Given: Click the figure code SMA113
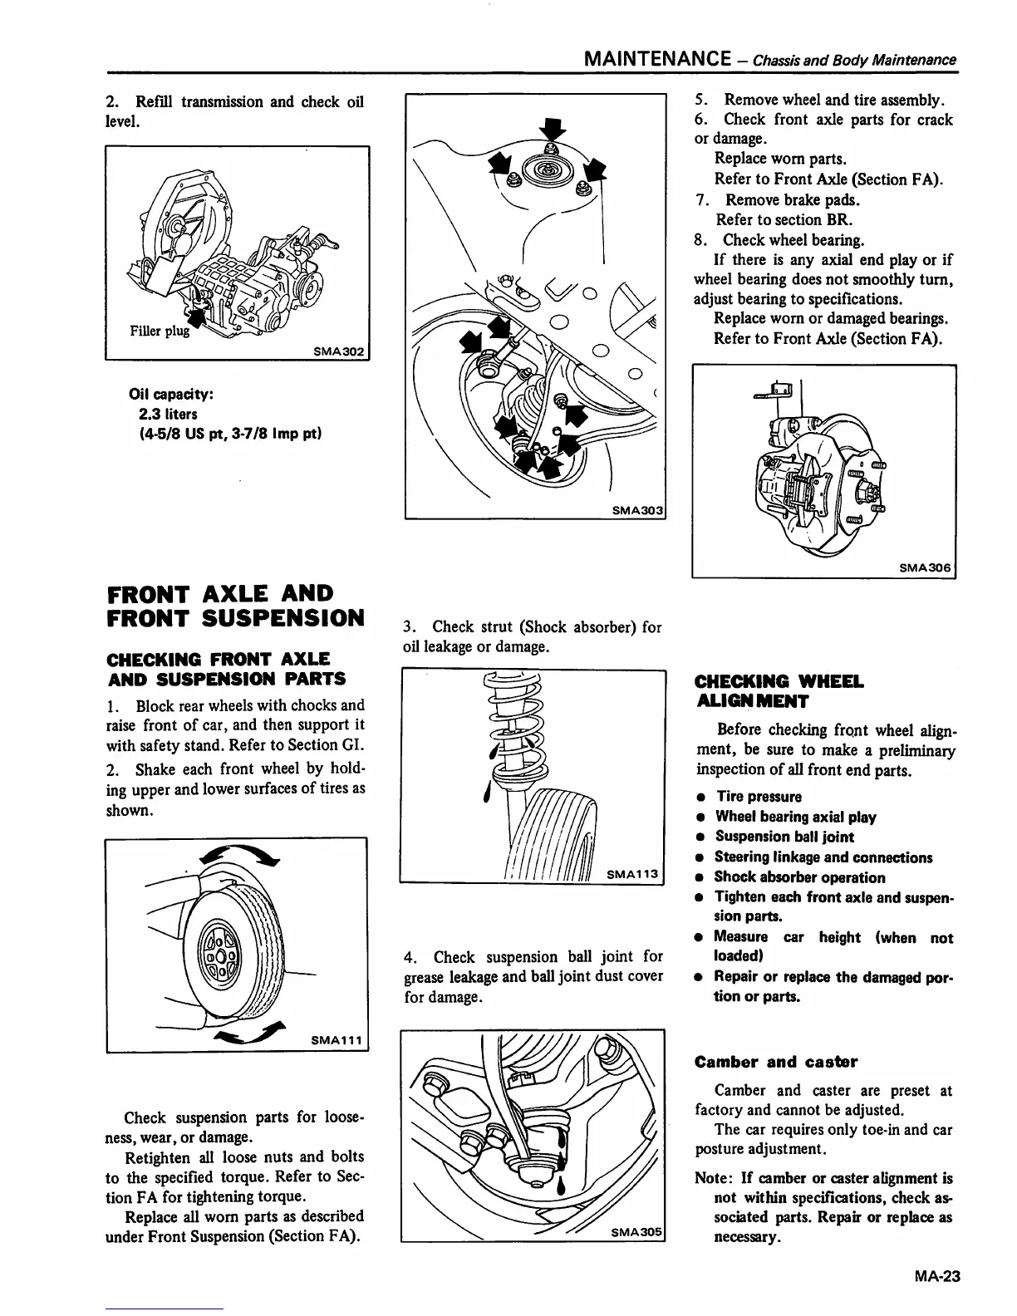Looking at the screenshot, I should point(632,873).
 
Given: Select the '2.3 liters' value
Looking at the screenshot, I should point(169,414).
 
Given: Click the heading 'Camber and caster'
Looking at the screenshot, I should point(775,1062).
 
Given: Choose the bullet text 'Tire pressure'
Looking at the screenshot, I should point(759,797).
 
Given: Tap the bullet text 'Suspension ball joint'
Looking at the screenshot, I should point(784,837).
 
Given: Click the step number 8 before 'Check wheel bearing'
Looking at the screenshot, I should point(700,240).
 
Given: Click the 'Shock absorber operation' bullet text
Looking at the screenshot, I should point(799,877).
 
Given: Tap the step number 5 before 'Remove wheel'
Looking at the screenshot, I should point(700,101).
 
